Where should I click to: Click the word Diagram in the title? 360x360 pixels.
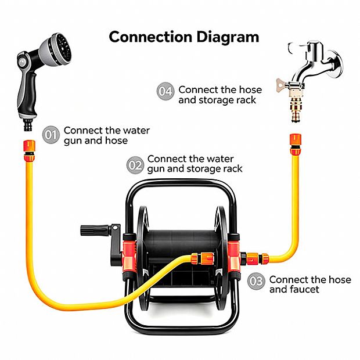228,37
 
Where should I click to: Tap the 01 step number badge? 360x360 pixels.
51,135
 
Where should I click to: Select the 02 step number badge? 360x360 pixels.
135,165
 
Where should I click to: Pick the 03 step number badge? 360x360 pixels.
256,281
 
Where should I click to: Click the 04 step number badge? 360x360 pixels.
165,91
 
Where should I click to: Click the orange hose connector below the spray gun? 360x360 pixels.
30,151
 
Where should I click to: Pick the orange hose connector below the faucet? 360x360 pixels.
296,145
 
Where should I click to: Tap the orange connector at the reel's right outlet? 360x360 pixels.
255,258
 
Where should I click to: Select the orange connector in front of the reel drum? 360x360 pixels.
203,258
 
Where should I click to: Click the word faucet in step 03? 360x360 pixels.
305,289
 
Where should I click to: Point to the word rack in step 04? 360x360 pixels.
247,100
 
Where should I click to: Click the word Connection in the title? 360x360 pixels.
150,37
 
